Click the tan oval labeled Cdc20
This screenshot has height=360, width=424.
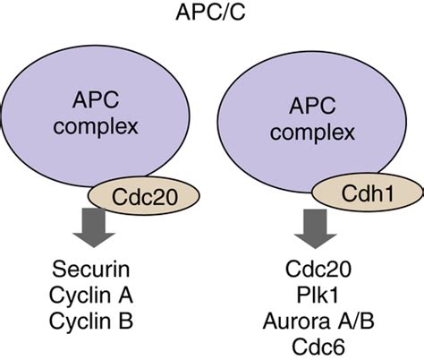click(x=132, y=196)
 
